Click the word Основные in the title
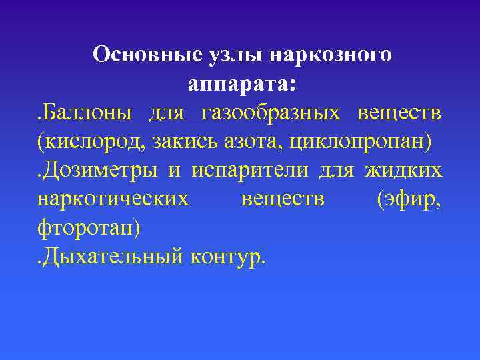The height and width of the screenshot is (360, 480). point(136,55)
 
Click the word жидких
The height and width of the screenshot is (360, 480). point(404,171)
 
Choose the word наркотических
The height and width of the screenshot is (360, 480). point(113,199)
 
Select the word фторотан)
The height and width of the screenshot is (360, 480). point(89,228)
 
